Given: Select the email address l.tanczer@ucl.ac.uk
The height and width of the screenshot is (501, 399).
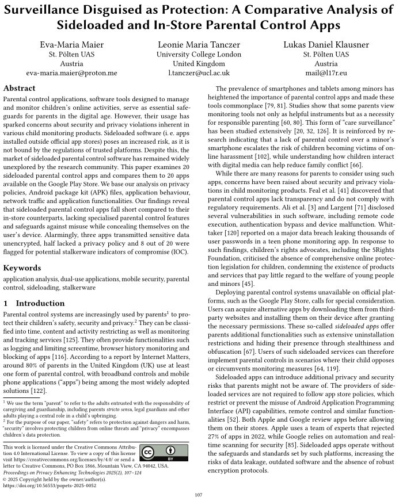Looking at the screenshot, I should [x=199, y=73].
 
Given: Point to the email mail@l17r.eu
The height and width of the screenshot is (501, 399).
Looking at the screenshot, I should [x=326, y=73].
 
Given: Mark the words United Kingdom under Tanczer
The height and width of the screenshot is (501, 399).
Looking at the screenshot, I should [x=199, y=63].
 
